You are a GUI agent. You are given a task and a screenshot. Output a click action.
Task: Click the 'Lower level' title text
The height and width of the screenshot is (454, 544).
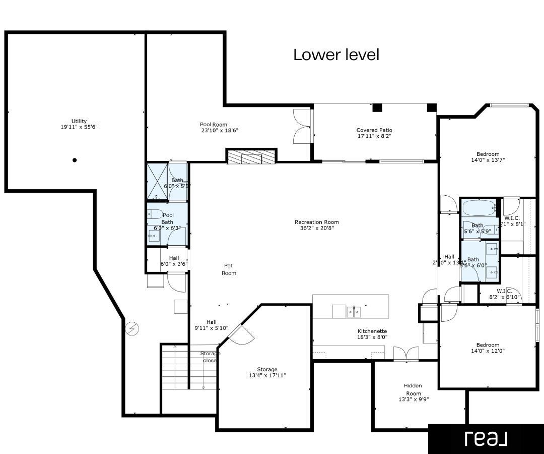click(x=336, y=54)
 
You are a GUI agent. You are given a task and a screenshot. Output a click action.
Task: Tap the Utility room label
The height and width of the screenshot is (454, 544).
click(x=79, y=121)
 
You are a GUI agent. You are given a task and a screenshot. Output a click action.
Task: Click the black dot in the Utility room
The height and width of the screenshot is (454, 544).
click(x=75, y=160)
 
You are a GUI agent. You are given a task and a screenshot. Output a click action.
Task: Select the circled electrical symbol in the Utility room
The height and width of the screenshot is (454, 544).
click(x=132, y=329)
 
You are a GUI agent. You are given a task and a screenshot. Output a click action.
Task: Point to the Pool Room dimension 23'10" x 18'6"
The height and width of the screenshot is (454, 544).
click(x=220, y=130)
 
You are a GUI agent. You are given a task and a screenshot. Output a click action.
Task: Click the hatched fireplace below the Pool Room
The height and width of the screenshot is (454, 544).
click(x=251, y=157)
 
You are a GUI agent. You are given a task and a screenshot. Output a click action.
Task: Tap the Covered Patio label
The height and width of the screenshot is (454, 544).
click(x=374, y=130)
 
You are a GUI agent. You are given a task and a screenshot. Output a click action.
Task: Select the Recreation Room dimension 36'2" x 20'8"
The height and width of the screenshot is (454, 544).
click(x=317, y=228)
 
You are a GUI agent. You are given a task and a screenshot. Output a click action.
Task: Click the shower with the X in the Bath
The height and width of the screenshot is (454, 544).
click(x=157, y=182)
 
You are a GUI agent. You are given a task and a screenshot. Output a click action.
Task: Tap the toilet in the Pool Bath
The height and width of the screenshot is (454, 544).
click(x=155, y=213)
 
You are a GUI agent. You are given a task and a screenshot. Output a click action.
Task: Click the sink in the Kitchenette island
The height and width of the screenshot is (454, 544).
click(x=354, y=312)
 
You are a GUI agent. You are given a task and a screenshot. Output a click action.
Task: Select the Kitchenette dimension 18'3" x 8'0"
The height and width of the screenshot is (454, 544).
click(x=372, y=337)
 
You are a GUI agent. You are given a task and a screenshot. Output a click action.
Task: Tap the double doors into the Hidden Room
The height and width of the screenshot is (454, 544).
click(x=405, y=354)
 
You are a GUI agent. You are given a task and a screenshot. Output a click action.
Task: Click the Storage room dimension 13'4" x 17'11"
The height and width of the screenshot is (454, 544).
click(x=267, y=375)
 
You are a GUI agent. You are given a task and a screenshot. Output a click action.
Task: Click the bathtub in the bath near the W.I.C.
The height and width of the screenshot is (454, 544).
click(x=479, y=208)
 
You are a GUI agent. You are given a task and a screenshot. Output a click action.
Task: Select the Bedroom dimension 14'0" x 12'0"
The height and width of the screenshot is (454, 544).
click(x=488, y=351)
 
